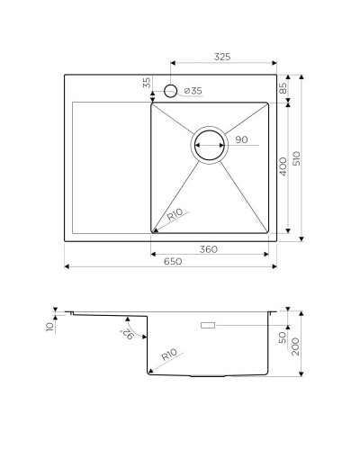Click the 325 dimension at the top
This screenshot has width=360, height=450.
coord(223,56)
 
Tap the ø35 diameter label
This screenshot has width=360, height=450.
coord(193,91)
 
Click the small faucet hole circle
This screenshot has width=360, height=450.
coord(170,91)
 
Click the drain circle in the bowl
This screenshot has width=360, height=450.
coord(210,143)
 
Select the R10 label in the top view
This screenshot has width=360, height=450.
coord(175,217)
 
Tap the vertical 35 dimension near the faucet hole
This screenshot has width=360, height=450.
coord(146,84)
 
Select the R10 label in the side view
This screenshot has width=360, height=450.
coord(169,356)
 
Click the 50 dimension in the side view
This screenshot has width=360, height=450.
coord(283,337)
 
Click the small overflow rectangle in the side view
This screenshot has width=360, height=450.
coord(207,322)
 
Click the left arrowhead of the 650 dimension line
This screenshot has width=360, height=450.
coord(67,267)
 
